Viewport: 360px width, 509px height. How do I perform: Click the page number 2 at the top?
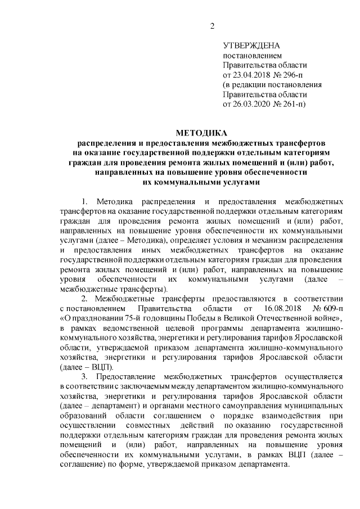coord(212,25)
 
